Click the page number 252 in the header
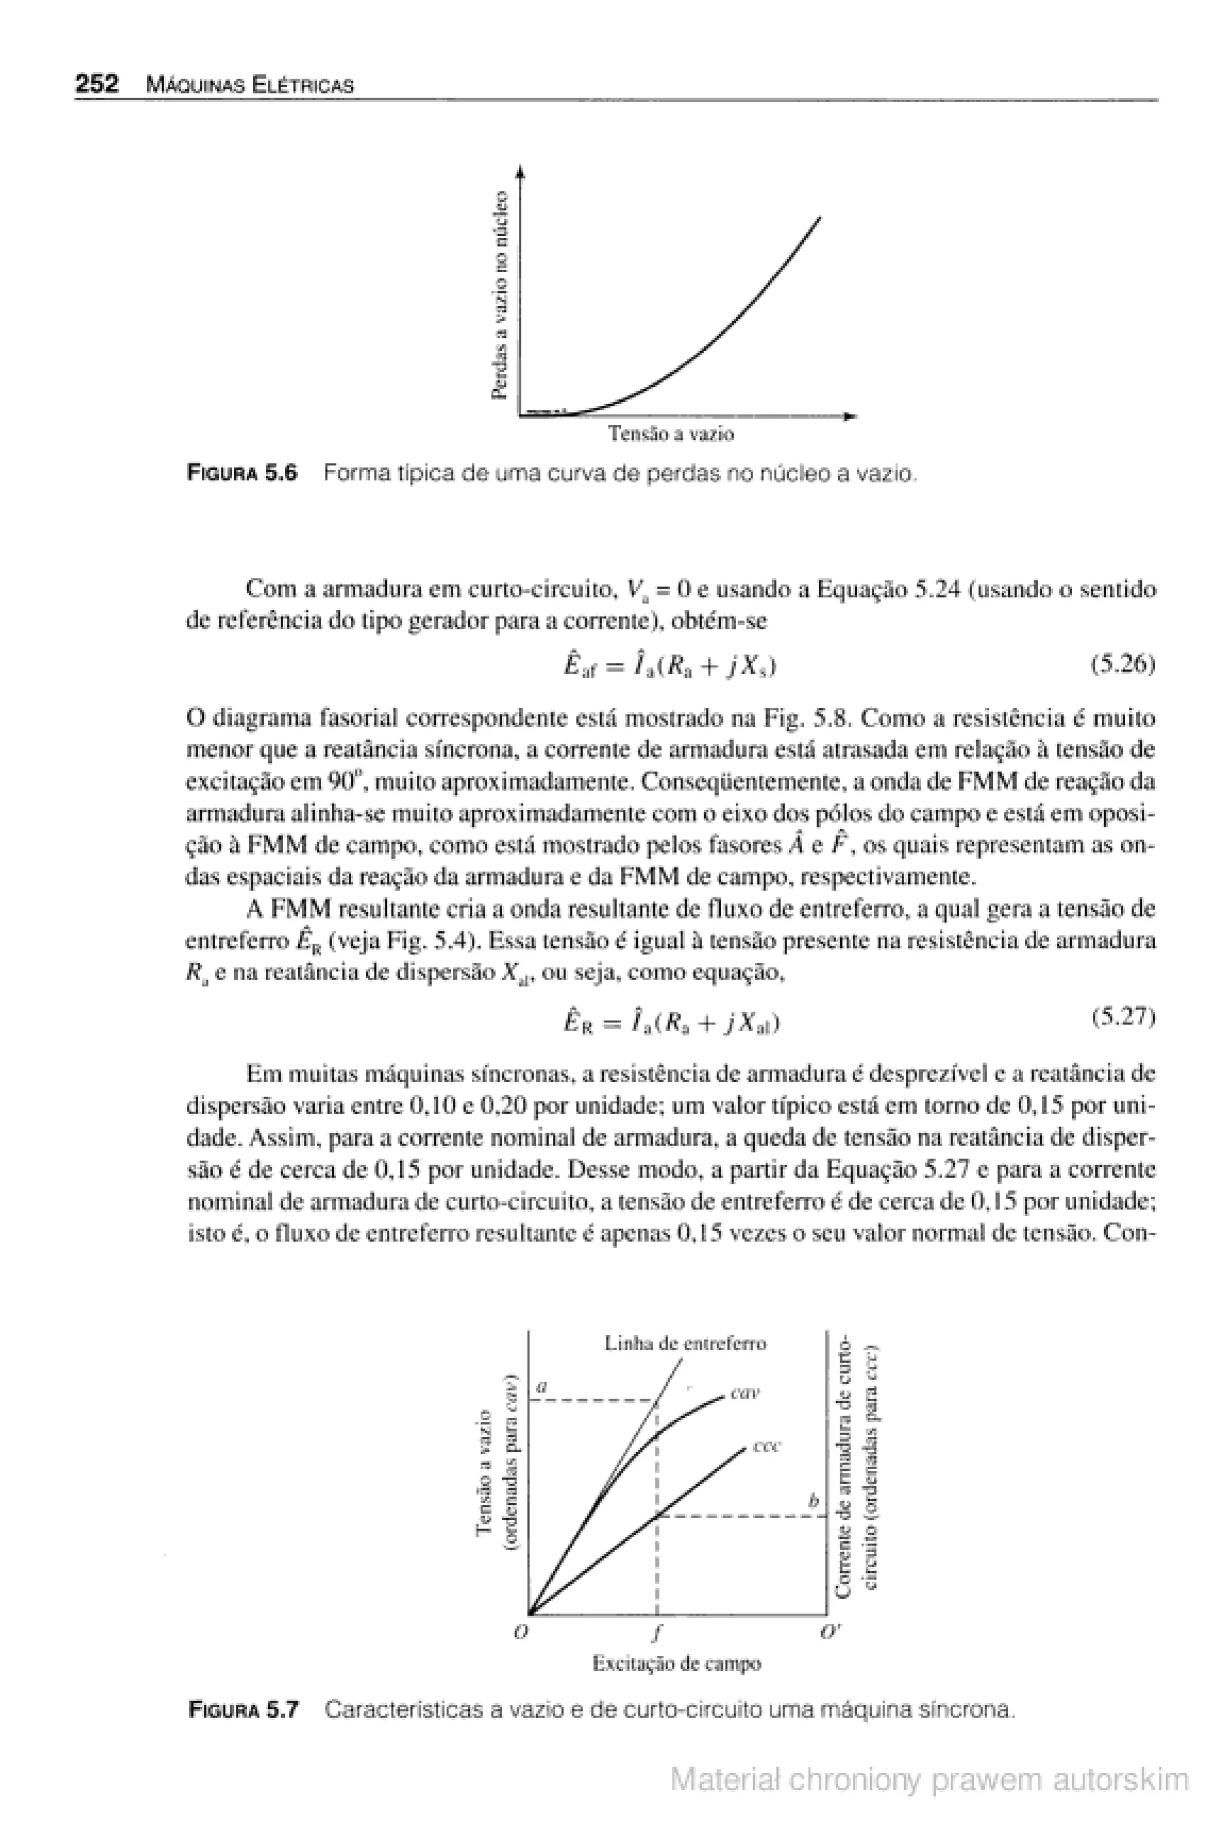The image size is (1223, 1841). (x=96, y=84)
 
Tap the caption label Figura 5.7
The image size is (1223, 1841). (x=244, y=1711)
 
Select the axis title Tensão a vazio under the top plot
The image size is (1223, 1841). (x=671, y=435)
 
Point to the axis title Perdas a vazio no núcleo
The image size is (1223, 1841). (x=503, y=295)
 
